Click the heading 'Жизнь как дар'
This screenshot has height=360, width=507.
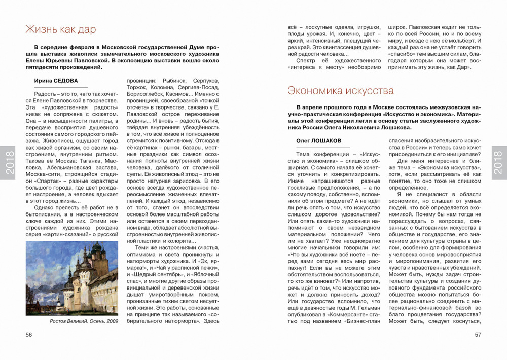pos(60,30)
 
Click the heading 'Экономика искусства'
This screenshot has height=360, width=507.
pos(341,91)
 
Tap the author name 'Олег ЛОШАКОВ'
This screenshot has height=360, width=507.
pos(316,140)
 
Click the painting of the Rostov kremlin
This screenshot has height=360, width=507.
pos(71,278)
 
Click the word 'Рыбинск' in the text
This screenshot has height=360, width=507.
pos(176,81)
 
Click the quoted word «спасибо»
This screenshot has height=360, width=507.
pos(403,52)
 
